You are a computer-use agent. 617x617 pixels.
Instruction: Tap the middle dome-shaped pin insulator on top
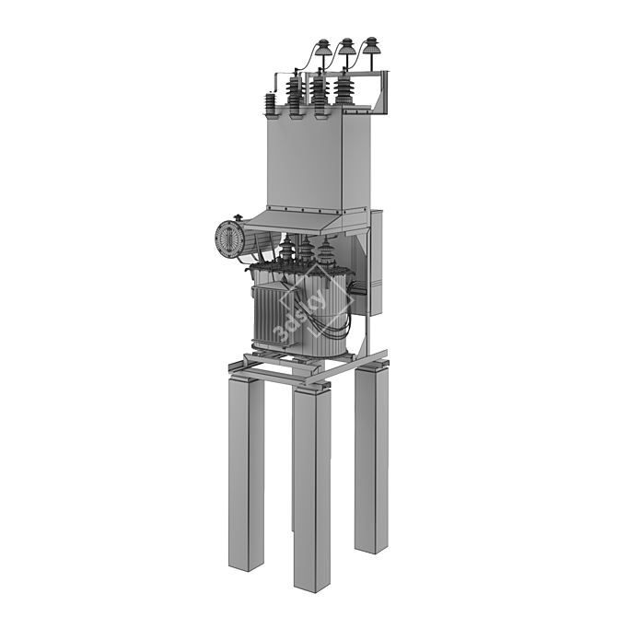tap(346, 48)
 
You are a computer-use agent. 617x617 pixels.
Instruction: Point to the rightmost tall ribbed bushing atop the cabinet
tap(344, 90)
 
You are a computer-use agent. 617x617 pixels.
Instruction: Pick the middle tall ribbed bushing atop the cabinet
tap(318, 95)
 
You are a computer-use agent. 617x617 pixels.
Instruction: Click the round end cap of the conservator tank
tap(227, 239)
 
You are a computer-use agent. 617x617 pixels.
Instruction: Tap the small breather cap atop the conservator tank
tap(238, 217)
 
